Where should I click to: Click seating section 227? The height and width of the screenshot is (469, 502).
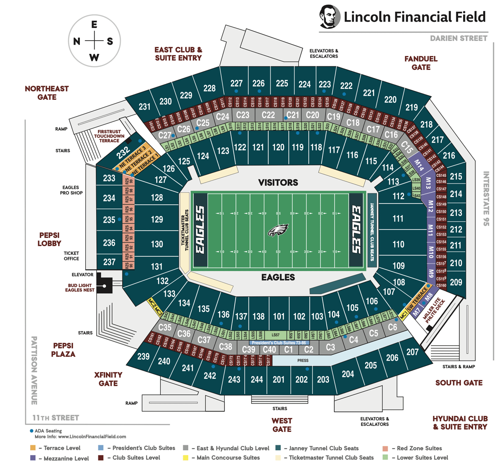(236, 83)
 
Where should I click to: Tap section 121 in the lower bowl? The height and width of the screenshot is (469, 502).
(258, 147)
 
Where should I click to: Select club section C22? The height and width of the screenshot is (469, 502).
(268, 115)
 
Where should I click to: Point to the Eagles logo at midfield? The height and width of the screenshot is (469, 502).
(278, 230)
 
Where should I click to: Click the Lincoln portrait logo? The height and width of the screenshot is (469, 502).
(329, 16)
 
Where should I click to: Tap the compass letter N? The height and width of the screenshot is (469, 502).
(77, 41)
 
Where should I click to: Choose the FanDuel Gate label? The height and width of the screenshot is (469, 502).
(421, 63)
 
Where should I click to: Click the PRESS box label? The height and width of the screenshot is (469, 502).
(303, 360)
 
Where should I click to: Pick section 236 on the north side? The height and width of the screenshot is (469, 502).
(109, 242)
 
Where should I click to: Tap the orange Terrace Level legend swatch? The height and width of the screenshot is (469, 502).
(33, 448)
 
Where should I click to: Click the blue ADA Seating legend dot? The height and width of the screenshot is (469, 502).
(31, 431)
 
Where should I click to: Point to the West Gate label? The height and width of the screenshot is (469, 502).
(282, 425)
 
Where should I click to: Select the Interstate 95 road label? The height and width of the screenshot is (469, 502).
(486, 199)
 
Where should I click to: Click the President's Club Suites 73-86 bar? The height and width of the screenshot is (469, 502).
(279, 343)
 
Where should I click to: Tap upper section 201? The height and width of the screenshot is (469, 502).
(279, 380)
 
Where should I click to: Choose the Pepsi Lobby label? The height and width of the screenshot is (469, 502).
(49, 239)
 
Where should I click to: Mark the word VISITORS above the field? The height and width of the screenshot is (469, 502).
(278, 183)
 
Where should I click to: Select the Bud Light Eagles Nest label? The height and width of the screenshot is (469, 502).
(80, 288)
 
